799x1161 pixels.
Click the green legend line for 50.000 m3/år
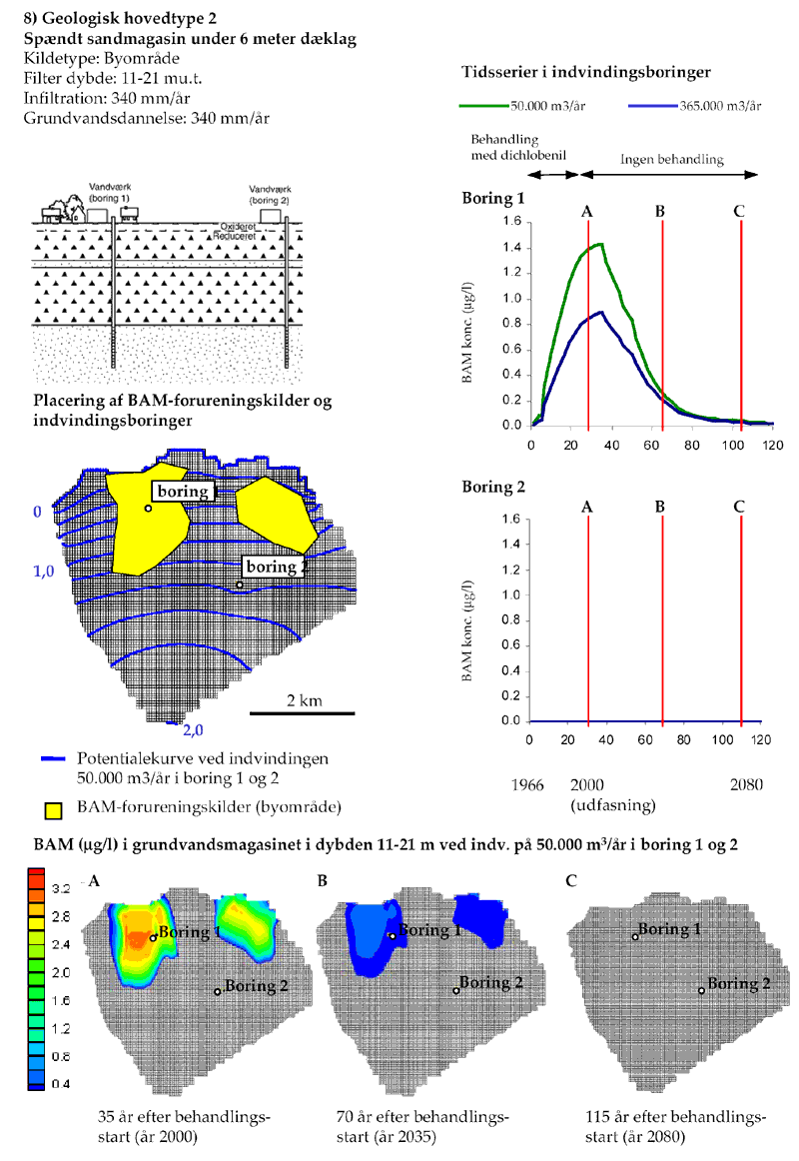click(483, 105)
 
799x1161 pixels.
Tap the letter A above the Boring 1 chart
click(587, 211)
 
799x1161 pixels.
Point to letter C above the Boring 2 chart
click(739, 506)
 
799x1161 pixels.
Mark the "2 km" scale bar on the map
click(302, 711)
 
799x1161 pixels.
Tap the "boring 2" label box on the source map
click(271, 568)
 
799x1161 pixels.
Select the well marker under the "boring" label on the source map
click(148, 509)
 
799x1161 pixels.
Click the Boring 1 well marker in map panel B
click(392, 936)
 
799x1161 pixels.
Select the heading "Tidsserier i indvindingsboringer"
click(587, 73)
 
